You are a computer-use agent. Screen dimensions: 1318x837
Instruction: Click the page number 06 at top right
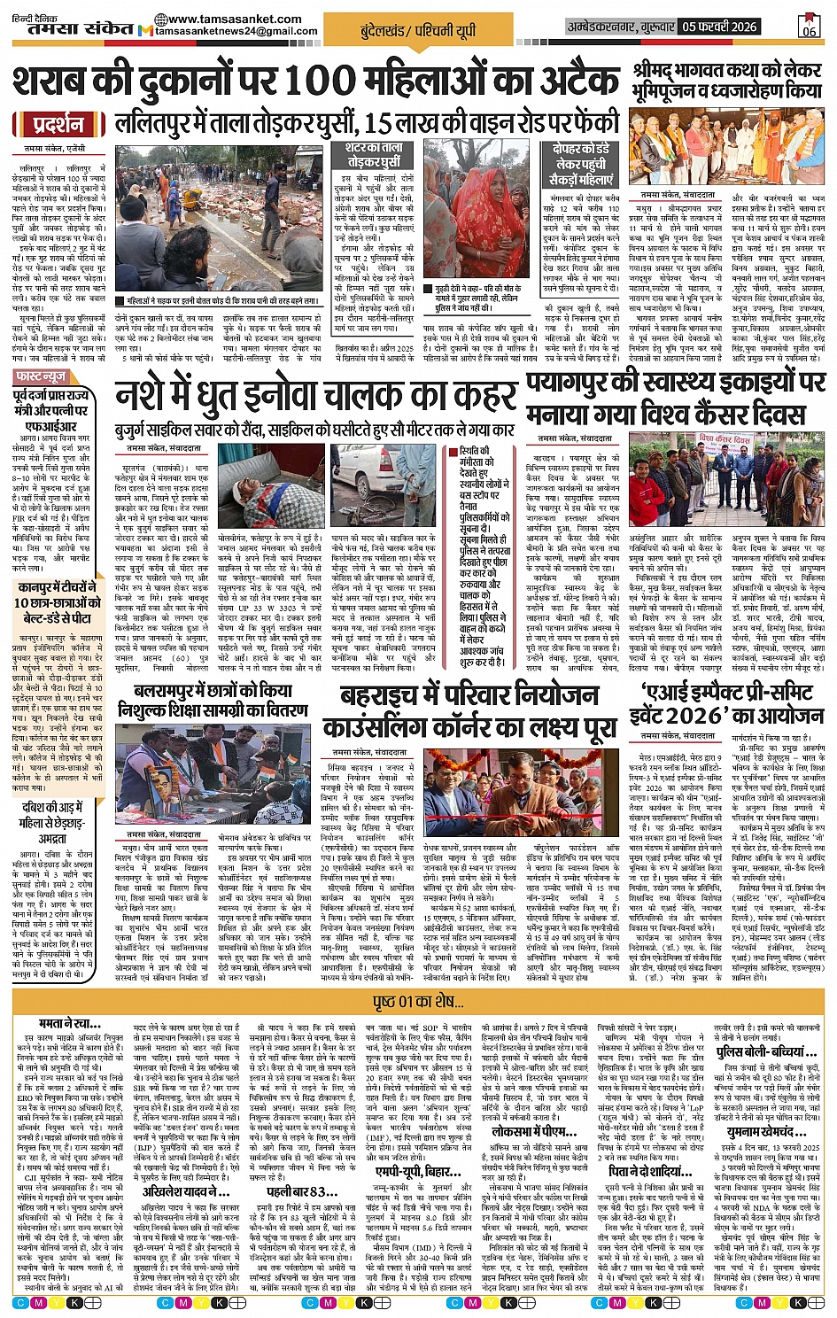pyautogui.click(x=809, y=27)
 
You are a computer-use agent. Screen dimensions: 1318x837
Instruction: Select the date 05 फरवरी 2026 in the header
pyautogui.click(x=718, y=27)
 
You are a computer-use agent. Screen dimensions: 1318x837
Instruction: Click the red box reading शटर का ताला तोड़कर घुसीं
pyautogui.click(x=374, y=154)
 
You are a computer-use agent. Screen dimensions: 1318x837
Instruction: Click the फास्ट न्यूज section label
pyautogui.click(x=41, y=377)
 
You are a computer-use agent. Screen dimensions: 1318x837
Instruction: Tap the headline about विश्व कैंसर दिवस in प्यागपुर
pyautogui.click(x=675, y=397)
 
